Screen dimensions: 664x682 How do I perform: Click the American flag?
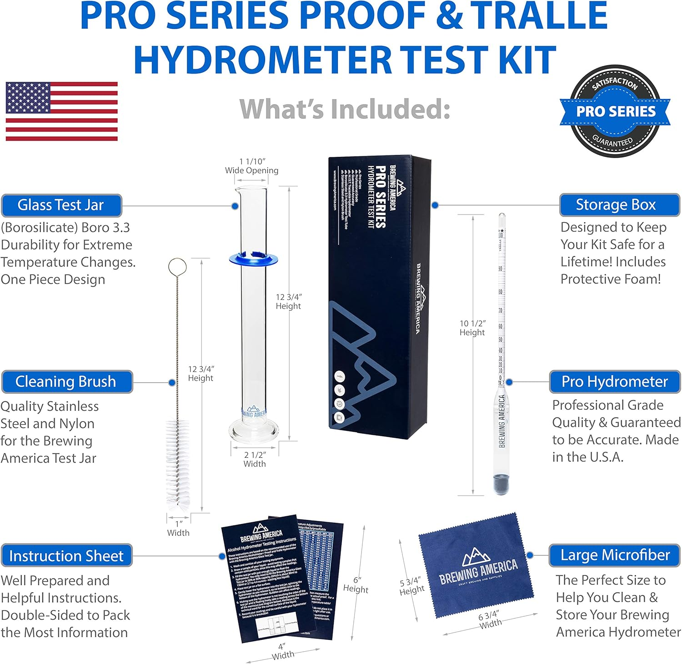click(x=61, y=111)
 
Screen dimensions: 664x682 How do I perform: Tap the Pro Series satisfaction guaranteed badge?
click(x=615, y=111)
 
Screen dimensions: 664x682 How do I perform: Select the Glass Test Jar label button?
click(x=61, y=205)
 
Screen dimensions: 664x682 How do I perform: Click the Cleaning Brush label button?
click(x=66, y=382)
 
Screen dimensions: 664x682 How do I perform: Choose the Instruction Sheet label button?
click(x=66, y=555)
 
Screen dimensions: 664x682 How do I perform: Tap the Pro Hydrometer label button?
click(x=615, y=382)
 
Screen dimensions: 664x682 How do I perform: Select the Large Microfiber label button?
click(x=615, y=555)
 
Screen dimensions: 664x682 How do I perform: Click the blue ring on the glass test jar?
click(x=253, y=259)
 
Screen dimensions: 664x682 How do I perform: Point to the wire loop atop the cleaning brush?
click(x=177, y=267)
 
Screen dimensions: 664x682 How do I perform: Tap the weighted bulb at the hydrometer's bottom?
click(x=501, y=483)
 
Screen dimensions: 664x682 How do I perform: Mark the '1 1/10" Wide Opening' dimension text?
click(x=252, y=166)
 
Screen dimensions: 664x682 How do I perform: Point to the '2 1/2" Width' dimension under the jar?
click(x=255, y=459)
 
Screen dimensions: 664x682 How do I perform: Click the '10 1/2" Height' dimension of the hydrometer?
click(x=472, y=328)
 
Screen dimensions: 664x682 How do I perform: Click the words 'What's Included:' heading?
click(x=345, y=109)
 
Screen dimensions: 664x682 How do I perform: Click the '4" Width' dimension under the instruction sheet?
click(x=283, y=651)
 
